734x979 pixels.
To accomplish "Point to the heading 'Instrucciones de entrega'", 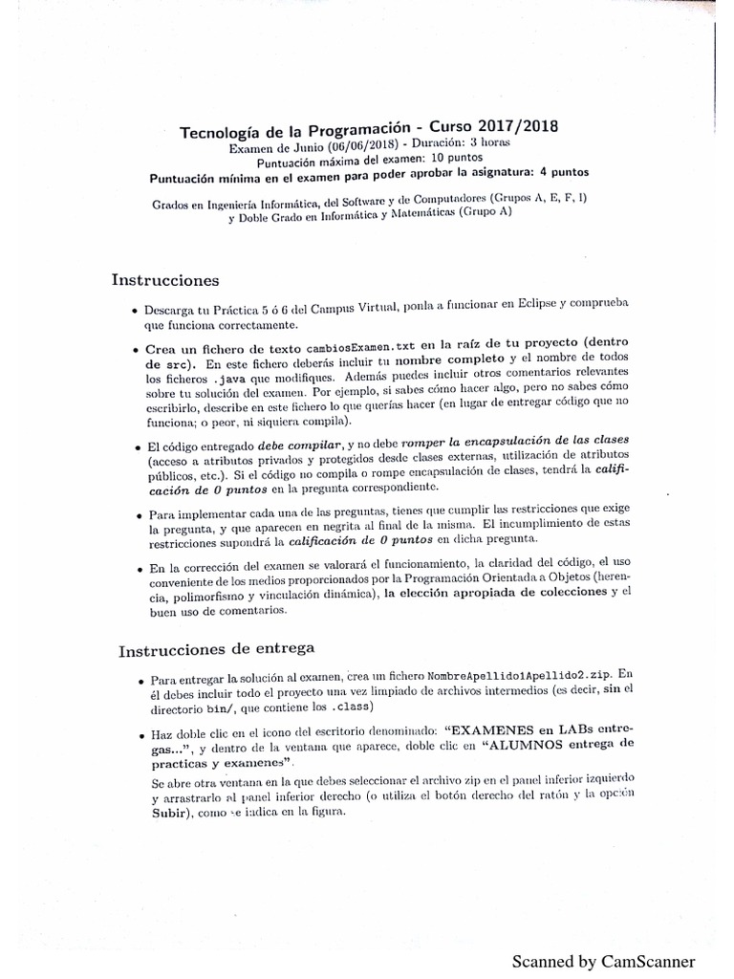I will (216, 650).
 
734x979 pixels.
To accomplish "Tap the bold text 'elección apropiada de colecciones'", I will (494, 592).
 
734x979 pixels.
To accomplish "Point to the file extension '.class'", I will (353, 707).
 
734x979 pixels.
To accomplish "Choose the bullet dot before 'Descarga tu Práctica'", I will (134, 312).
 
